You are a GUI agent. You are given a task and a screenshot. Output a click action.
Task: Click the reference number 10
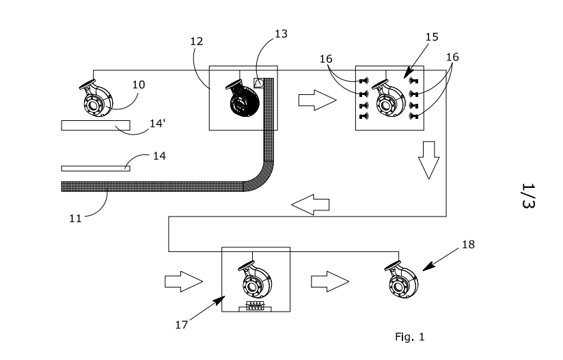click(139, 85)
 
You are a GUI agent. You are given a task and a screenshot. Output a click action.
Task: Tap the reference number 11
click(75, 218)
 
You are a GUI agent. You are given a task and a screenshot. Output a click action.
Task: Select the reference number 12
click(196, 41)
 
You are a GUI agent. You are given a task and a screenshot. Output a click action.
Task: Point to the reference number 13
click(281, 33)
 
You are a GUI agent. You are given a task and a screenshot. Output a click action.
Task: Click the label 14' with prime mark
click(157, 123)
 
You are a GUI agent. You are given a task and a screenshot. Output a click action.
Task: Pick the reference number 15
click(432, 37)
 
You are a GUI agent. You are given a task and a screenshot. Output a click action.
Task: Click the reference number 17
click(181, 325)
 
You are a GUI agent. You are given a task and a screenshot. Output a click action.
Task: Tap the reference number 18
click(468, 245)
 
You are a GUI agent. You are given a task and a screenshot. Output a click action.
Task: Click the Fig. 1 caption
click(410, 337)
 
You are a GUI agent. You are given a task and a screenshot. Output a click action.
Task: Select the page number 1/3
click(528, 195)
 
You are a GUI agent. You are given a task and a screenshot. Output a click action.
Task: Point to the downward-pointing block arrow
click(428, 160)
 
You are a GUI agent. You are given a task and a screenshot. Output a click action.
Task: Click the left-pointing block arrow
click(310, 204)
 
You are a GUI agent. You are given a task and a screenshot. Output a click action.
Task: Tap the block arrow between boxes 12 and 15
click(318, 100)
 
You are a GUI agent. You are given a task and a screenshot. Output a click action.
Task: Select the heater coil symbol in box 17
click(256, 306)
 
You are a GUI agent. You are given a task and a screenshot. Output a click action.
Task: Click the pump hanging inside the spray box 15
click(389, 98)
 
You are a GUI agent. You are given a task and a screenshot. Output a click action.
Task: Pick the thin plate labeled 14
click(96, 168)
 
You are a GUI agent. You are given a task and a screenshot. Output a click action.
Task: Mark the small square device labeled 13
click(259, 83)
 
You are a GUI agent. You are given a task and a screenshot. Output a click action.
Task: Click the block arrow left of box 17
click(184, 281)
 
